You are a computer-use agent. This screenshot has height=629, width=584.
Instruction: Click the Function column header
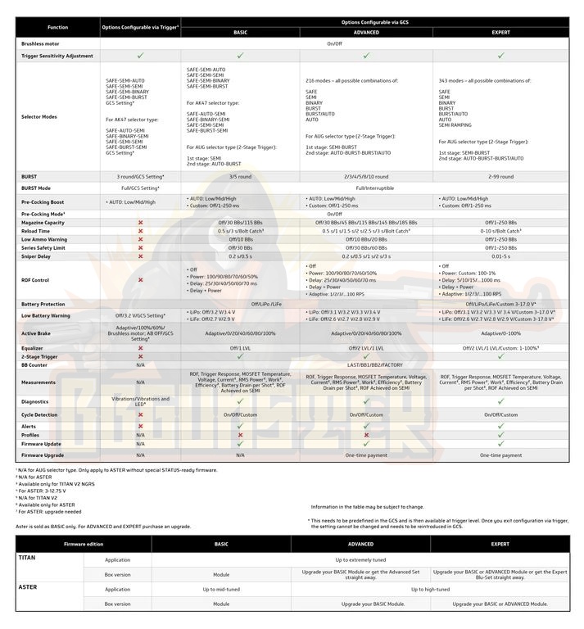coord(58,27)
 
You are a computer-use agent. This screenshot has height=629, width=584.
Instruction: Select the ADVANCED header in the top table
coord(366,32)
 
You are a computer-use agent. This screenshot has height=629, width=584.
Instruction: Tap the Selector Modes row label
coord(38,117)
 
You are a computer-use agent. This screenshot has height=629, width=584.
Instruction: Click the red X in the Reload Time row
coord(141,231)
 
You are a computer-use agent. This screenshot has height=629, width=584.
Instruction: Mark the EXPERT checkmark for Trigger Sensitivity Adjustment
coord(500,56)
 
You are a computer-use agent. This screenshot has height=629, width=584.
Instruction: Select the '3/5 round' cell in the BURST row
coord(240,176)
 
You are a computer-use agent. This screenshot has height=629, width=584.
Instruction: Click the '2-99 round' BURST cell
coord(500,176)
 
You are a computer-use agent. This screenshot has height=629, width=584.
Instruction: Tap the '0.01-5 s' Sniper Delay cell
coord(500,256)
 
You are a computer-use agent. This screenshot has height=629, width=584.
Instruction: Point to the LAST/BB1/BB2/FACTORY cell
coord(366,364)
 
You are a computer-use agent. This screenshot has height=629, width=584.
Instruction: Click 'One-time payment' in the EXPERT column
coord(500,455)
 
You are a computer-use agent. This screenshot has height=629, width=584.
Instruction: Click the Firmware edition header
coord(83,543)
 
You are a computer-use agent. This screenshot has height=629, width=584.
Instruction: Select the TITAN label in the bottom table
coord(27,557)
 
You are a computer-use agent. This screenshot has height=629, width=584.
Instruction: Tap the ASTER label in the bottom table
coord(29,587)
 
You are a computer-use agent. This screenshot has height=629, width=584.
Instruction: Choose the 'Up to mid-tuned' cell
coord(221,589)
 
